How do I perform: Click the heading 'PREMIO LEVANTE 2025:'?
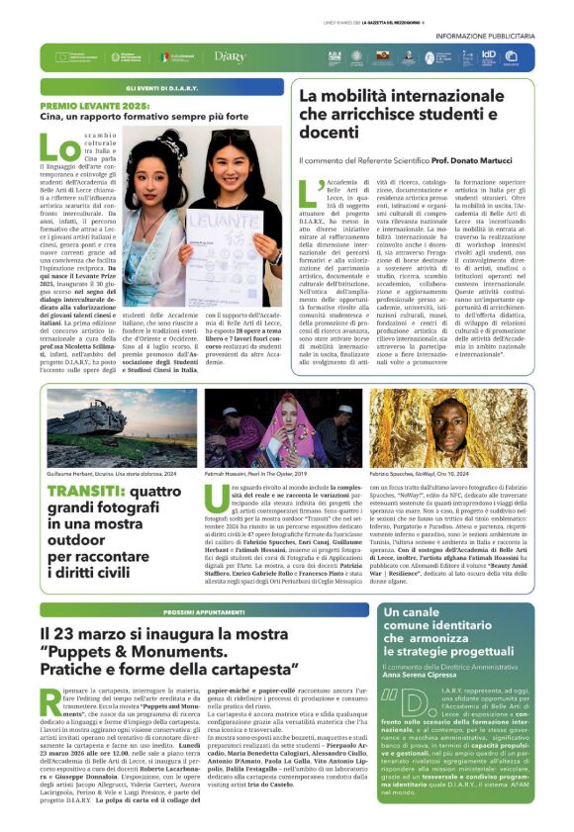(92, 104)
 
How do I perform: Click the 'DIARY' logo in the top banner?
(230, 57)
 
